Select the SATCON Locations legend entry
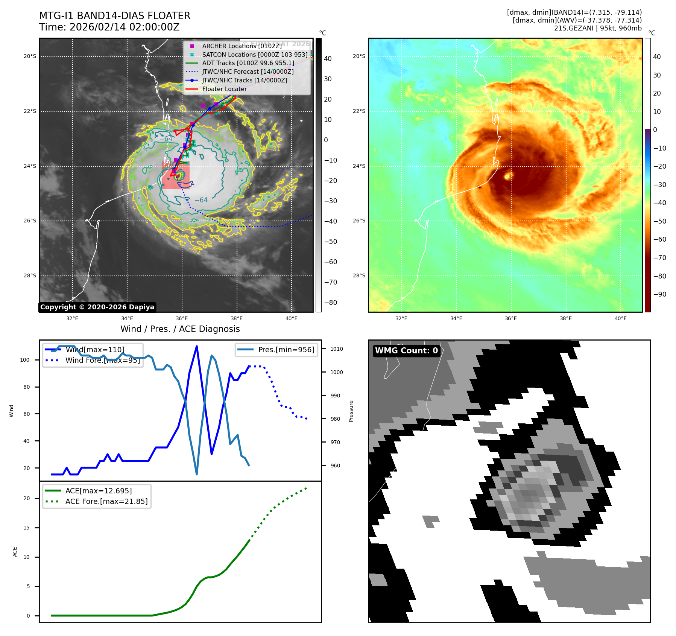(x=254, y=55)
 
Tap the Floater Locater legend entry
(x=224, y=89)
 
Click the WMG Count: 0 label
(x=406, y=350)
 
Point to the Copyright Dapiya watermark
(x=97, y=307)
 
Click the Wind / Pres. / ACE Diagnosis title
(x=180, y=329)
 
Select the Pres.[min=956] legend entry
(x=286, y=350)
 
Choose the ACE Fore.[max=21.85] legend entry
(x=106, y=501)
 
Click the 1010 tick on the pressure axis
(x=337, y=349)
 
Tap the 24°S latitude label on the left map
(x=30, y=166)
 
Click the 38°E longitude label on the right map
(x=565, y=318)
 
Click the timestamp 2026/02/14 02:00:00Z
(x=125, y=27)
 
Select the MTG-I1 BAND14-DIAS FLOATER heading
(x=115, y=16)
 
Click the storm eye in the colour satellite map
(x=507, y=176)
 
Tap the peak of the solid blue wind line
(x=197, y=346)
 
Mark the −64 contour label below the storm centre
(x=201, y=200)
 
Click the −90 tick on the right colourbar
(x=659, y=294)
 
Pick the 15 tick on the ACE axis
(x=26, y=528)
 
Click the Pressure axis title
(x=351, y=411)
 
